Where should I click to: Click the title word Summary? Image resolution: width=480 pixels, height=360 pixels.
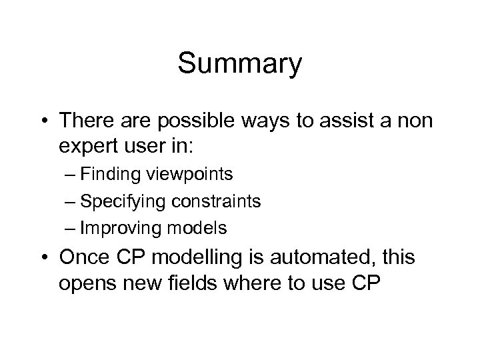[240, 65]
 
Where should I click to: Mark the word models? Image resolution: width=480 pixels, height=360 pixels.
[199, 228]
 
